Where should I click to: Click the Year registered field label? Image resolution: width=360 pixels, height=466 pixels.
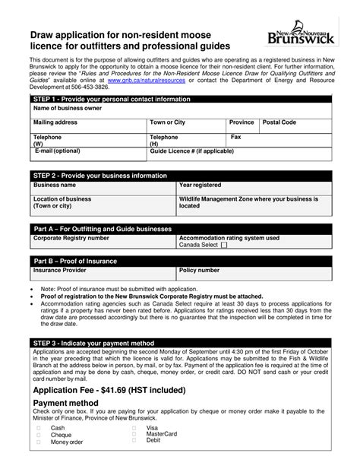click(x=201, y=206)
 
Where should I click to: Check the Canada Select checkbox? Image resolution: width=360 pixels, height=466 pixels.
click(x=223, y=246)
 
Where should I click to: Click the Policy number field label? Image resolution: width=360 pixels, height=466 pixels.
click(x=199, y=270)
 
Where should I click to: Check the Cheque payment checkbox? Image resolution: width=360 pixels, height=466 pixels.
click(x=39, y=435)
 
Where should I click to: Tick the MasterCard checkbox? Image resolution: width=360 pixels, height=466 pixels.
click(x=134, y=433)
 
